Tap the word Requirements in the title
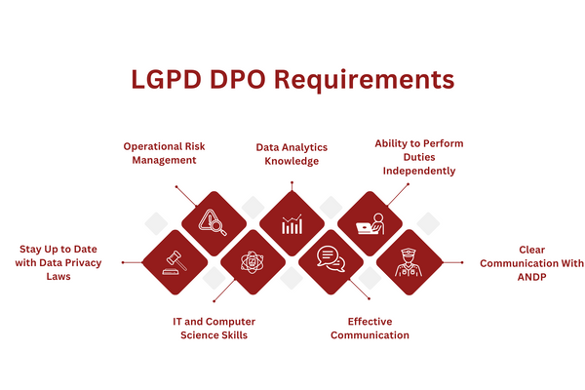click(x=370, y=79)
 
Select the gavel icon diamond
click(x=175, y=263)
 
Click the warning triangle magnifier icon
click(x=214, y=224)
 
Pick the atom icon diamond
click(x=253, y=263)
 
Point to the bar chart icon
click(x=292, y=224)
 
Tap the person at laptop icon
click(x=370, y=224)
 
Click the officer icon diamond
click(x=409, y=263)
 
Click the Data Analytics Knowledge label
click(x=292, y=154)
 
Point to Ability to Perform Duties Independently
click(x=419, y=157)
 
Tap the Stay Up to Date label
click(x=58, y=263)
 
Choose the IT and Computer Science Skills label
click(x=214, y=328)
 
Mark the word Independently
click(x=419, y=171)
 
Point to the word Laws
click(x=58, y=277)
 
